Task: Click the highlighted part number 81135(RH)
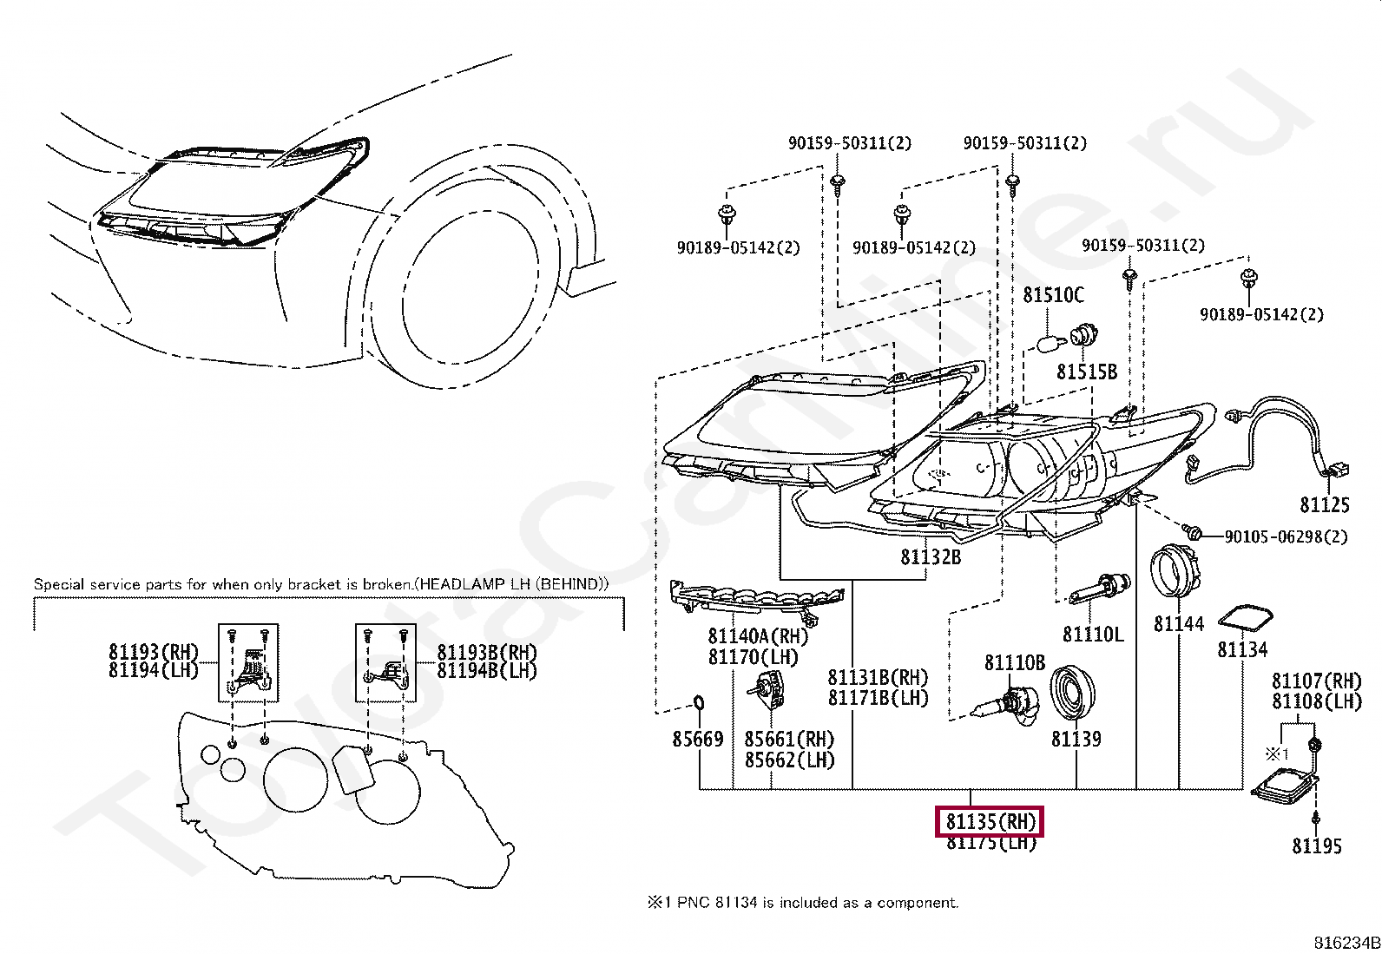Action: click(990, 821)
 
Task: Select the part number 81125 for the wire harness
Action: click(1324, 504)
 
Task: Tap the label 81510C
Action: click(1053, 295)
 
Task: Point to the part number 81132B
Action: click(931, 557)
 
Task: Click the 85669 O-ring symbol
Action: click(697, 702)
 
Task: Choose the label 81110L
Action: click(1093, 635)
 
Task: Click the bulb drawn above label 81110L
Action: click(1099, 589)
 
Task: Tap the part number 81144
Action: click(1178, 623)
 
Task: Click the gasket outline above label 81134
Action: click(1245, 618)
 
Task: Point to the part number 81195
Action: click(1316, 845)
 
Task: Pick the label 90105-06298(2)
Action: click(1286, 537)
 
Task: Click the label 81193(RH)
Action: click(154, 652)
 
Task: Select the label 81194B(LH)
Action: click(486, 671)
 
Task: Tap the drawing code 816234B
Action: click(1346, 943)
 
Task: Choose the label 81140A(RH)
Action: click(758, 636)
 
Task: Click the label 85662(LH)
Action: click(789, 760)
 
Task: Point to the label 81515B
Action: click(1086, 372)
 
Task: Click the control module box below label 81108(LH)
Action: click(1282, 781)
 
